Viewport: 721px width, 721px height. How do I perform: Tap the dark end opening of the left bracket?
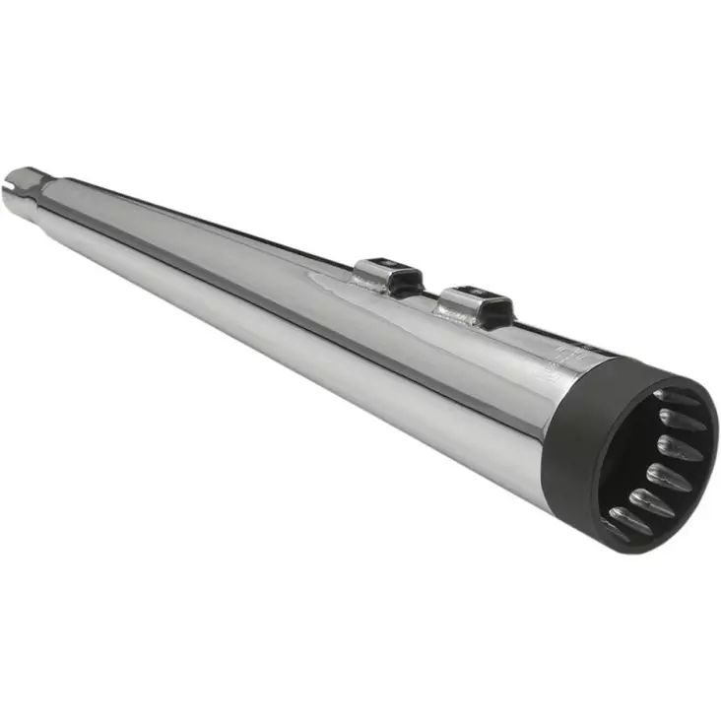405,267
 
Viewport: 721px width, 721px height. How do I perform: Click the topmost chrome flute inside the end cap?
678,398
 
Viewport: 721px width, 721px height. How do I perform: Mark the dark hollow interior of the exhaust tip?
635,453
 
